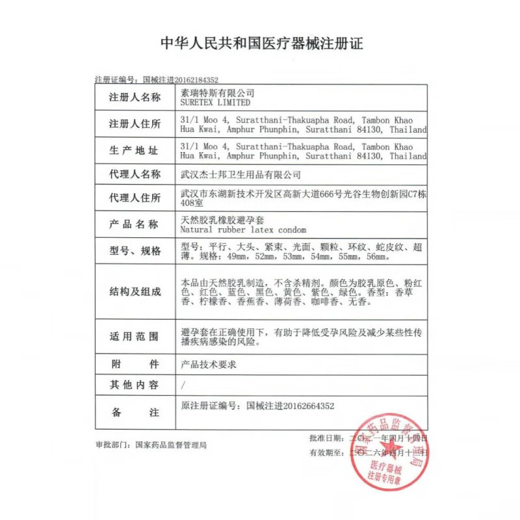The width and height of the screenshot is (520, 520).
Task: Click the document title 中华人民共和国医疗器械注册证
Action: pos(261,44)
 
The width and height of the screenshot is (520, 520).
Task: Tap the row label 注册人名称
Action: pos(135,97)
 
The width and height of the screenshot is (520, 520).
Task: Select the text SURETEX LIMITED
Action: pos(214,103)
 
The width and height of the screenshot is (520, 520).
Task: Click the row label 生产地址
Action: pos(135,150)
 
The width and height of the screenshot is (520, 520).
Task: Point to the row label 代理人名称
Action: pos(135,174)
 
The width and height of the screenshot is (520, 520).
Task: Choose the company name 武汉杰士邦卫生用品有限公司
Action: pos(240,174)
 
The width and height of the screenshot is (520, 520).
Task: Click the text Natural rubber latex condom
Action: pos(243,229)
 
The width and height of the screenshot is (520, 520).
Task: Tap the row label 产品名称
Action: pos(135,224)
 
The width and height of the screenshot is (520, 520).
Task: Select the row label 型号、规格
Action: pos(135,251)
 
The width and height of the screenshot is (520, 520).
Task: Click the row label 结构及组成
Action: pos(135,292)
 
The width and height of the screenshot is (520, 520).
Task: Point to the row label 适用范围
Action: pos(135,337)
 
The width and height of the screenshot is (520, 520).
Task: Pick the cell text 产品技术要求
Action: pos(209,364)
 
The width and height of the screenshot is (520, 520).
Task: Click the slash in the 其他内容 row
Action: pos(183,385)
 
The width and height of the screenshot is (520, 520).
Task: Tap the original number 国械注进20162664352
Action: pos(290,406)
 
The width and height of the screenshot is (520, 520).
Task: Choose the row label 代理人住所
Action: pos(135,198)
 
